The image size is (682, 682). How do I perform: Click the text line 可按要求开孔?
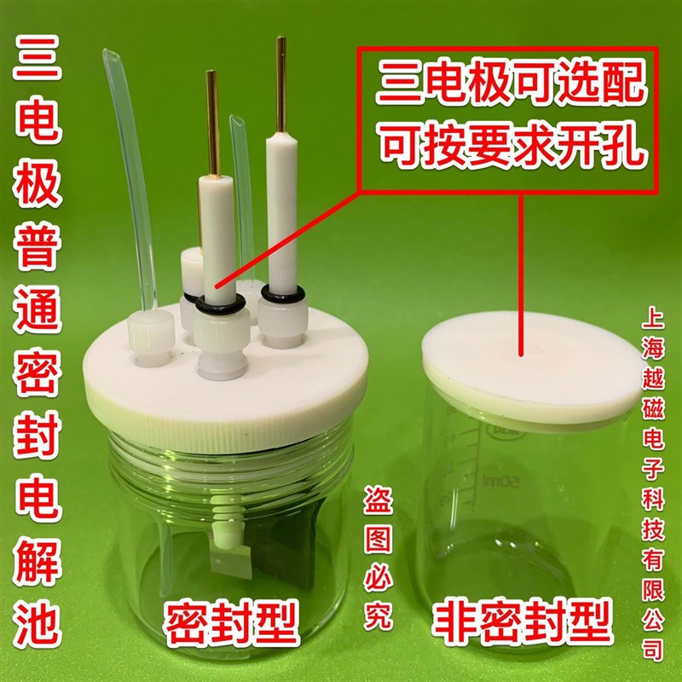click(508, 145)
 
